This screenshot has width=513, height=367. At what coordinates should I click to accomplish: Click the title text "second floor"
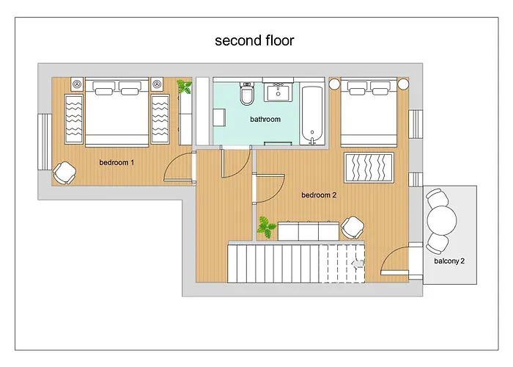pos(254,40)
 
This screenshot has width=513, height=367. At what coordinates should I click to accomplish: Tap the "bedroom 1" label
pos(117,161)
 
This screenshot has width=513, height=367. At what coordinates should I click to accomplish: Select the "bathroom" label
pos(265,119)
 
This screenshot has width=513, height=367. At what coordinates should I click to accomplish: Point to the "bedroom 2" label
pos(319,195)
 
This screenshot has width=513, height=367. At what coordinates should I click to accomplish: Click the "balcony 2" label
pos(449,261)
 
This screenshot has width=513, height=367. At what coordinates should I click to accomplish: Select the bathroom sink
pos(278,92)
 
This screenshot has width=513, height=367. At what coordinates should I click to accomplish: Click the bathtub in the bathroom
pos(313,115)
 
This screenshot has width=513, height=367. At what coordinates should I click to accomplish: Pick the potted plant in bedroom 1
pos(185,87)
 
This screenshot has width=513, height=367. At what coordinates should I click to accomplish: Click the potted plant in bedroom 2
pos(266,228)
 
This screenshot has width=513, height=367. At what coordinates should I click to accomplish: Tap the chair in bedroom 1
pos(64,173)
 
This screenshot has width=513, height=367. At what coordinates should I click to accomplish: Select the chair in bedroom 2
pos(354,228)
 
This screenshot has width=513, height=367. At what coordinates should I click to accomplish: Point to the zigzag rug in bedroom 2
pos(369,168)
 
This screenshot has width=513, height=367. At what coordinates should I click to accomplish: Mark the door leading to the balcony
pos(403,261)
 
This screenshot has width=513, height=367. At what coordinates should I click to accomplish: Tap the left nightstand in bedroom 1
pos(76,84)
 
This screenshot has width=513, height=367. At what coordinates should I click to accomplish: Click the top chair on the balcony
pos(437,198)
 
